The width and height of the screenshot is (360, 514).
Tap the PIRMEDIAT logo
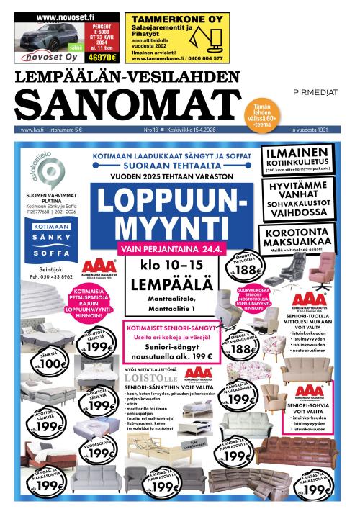click(x=317, y=92)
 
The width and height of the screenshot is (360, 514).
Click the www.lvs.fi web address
click(x=33, y=130)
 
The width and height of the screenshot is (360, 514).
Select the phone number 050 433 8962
click(x=50, y=276)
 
